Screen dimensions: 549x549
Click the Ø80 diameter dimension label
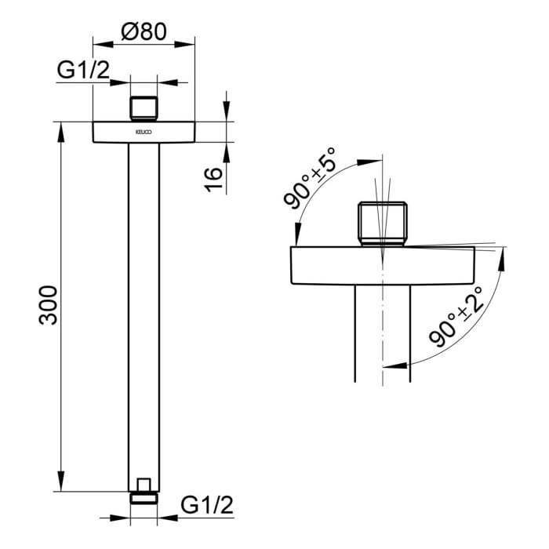pyautogui.click(x=144, y=31)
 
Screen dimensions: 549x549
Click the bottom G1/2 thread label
pyautogui.click(x=207, y=504)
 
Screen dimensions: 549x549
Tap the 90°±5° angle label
pyautogui.click(x=310, y=178)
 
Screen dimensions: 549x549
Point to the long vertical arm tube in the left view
pyautogui.click(x=144, y=314)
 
